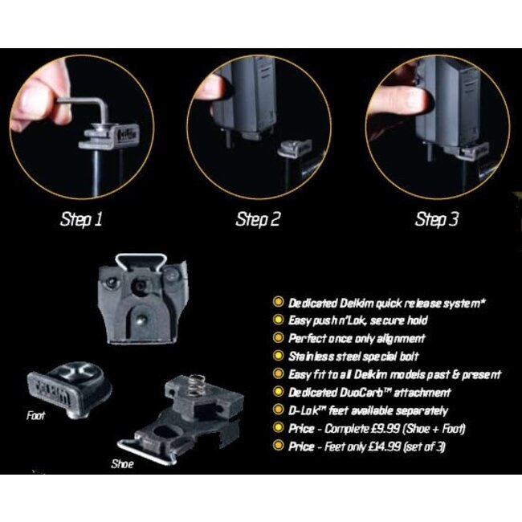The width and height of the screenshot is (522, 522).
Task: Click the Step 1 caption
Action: [82, 218]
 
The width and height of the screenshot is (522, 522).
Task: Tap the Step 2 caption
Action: [258, 218]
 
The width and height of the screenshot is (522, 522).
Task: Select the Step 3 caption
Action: [437, 218]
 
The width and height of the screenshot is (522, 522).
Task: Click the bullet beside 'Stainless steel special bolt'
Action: [278, 356]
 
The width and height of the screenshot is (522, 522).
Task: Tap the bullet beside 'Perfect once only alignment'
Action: [278, 338]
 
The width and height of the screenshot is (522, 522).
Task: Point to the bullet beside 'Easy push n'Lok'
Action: [278, 320]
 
